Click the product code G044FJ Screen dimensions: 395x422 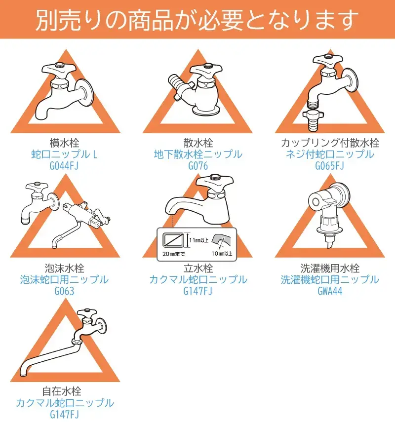pyautogui.click(x=64, y=165)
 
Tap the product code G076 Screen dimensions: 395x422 pyautogui.click(x=198, y=165)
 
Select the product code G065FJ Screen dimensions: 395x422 pyautogui.click(x=329, y=165)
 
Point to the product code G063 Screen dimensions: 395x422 pyautogui.click(x=64, y=291)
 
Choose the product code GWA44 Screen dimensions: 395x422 pyautogui.click(x=330, y=291)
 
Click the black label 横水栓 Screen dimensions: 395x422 pyautogui.click(x=64, y=143)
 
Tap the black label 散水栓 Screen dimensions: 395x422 pyautogui.click(x=198, y=143)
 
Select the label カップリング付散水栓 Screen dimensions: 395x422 pyautogui.click(x=330, y=143)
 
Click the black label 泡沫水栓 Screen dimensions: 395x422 pyautogui.click(x=64, y=268)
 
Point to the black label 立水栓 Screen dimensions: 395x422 pyautogui.click(x=198, y=268)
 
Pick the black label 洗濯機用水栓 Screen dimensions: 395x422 pyautogui.click(x=330, y=268)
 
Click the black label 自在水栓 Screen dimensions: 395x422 pyautogui.click(x=62, y=391)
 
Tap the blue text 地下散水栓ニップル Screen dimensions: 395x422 pyautogui.click(x=198, y=154)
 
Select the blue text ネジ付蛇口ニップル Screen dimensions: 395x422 pyautogui.click(x=330, y=154)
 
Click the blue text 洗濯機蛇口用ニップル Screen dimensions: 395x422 pyautogui.click(x=330, y=280)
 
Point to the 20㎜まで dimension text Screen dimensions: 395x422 pyautogui.click(x=174, y=254)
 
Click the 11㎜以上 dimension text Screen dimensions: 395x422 pyautogui.click(x=198, y=240)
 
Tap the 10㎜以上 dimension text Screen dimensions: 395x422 pyautogui.click(x=222, y=253)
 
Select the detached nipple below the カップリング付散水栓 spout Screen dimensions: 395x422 pyautogui.click(x=313, y=120)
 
